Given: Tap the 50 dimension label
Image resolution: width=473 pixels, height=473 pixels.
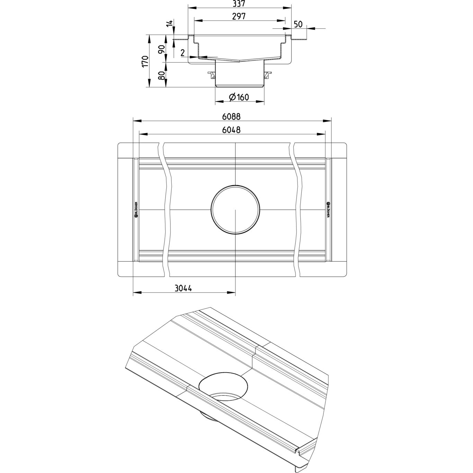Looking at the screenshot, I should (x=298, y=24).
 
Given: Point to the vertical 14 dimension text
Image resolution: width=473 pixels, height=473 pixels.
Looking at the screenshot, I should (x=169, y=24).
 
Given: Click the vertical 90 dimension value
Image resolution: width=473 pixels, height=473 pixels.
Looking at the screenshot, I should (x=161, y=49).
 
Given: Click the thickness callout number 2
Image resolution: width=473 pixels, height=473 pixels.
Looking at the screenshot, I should (x=182, y=53).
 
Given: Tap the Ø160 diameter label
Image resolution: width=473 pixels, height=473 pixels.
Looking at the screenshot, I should (x=239, y=97).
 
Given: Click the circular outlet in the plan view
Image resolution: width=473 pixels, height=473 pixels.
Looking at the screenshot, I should (x=235, y=210).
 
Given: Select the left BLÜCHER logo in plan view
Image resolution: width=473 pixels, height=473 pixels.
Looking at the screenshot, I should (x=136, y=209).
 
